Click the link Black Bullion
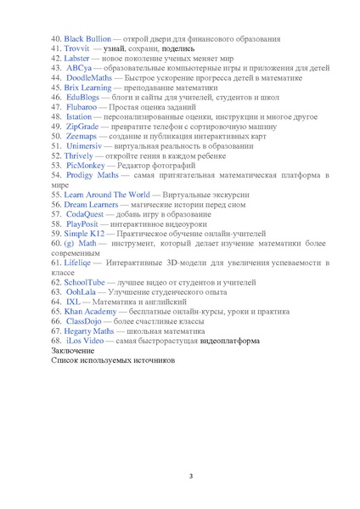pos(87,39)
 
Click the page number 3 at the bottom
pos(191,476)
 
